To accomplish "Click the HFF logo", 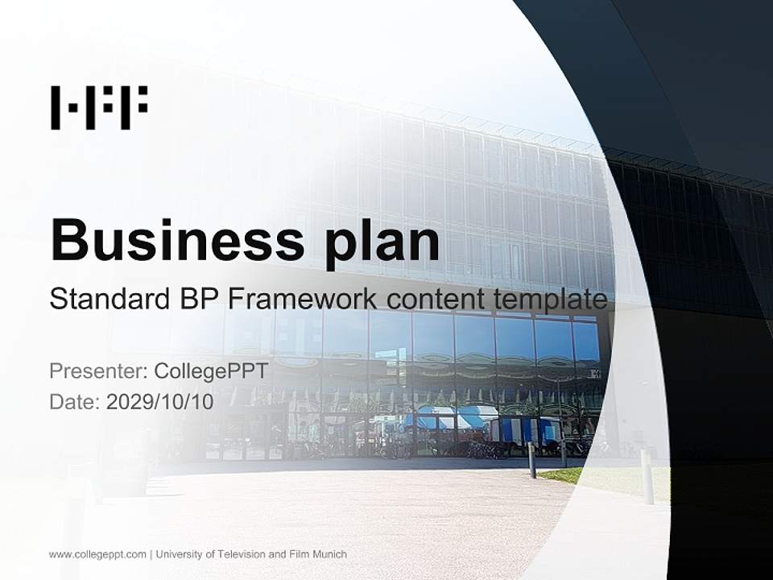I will tap(99, 108).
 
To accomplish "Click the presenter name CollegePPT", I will tap(210, 371).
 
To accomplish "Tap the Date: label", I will tap(75, 401).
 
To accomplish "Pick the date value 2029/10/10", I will tap(160, 401).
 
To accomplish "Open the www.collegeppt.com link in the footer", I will tap(97, 554).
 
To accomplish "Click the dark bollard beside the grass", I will tap(531, 460).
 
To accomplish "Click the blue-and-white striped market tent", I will tap(450, 418).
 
